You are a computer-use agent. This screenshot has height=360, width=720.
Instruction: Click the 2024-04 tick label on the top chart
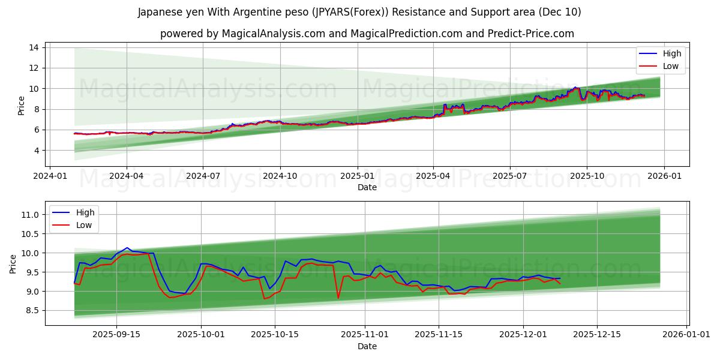(x=127, y=176)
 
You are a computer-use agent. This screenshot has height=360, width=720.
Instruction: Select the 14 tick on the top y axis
(x=34, y=47)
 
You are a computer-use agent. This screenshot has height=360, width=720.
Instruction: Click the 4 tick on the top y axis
(x=37, y=151)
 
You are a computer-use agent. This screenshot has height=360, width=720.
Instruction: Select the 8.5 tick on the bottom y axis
(x=32, y=311)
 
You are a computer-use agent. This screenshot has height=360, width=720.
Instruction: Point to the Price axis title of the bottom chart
(x=13, y=263)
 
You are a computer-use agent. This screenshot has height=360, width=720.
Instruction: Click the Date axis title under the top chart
(x=367, y=187)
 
